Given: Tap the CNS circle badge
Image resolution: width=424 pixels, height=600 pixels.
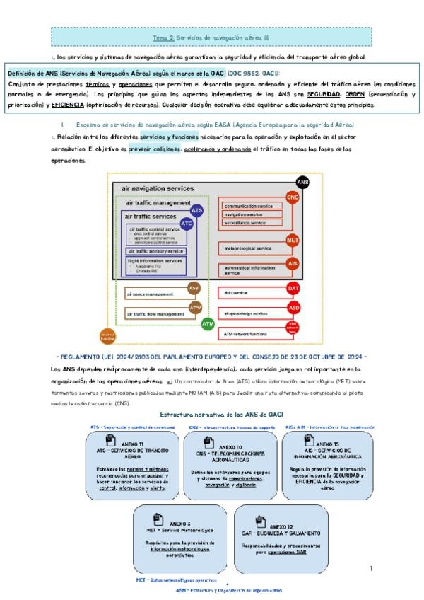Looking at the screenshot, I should (x=293, y=196).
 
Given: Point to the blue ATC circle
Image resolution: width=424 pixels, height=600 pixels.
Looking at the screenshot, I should (x=187, y=223).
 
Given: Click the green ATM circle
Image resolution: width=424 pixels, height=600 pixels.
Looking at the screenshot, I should (x=208, y=323).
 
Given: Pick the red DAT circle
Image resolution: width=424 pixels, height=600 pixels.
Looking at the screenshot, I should (x=293, y=289).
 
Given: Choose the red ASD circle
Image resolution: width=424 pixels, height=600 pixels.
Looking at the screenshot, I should (x=293, y=308).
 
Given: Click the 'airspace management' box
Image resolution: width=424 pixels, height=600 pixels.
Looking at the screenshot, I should (x=155, y=292).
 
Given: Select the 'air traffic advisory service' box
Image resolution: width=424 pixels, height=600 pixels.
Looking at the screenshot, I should (x=156, y=251).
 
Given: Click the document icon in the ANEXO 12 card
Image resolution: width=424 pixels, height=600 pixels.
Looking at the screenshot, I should (x=261, y=521).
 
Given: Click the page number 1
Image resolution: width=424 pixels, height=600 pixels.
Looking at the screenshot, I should (x=372, y=568).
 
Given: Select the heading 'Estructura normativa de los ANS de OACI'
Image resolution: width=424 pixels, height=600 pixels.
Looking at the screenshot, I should (x=212, y=414).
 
